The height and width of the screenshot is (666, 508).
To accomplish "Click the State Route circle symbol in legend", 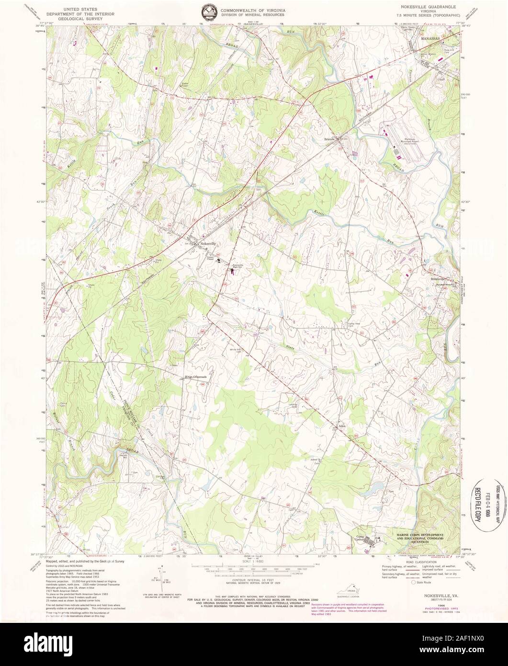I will point(414,583).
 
